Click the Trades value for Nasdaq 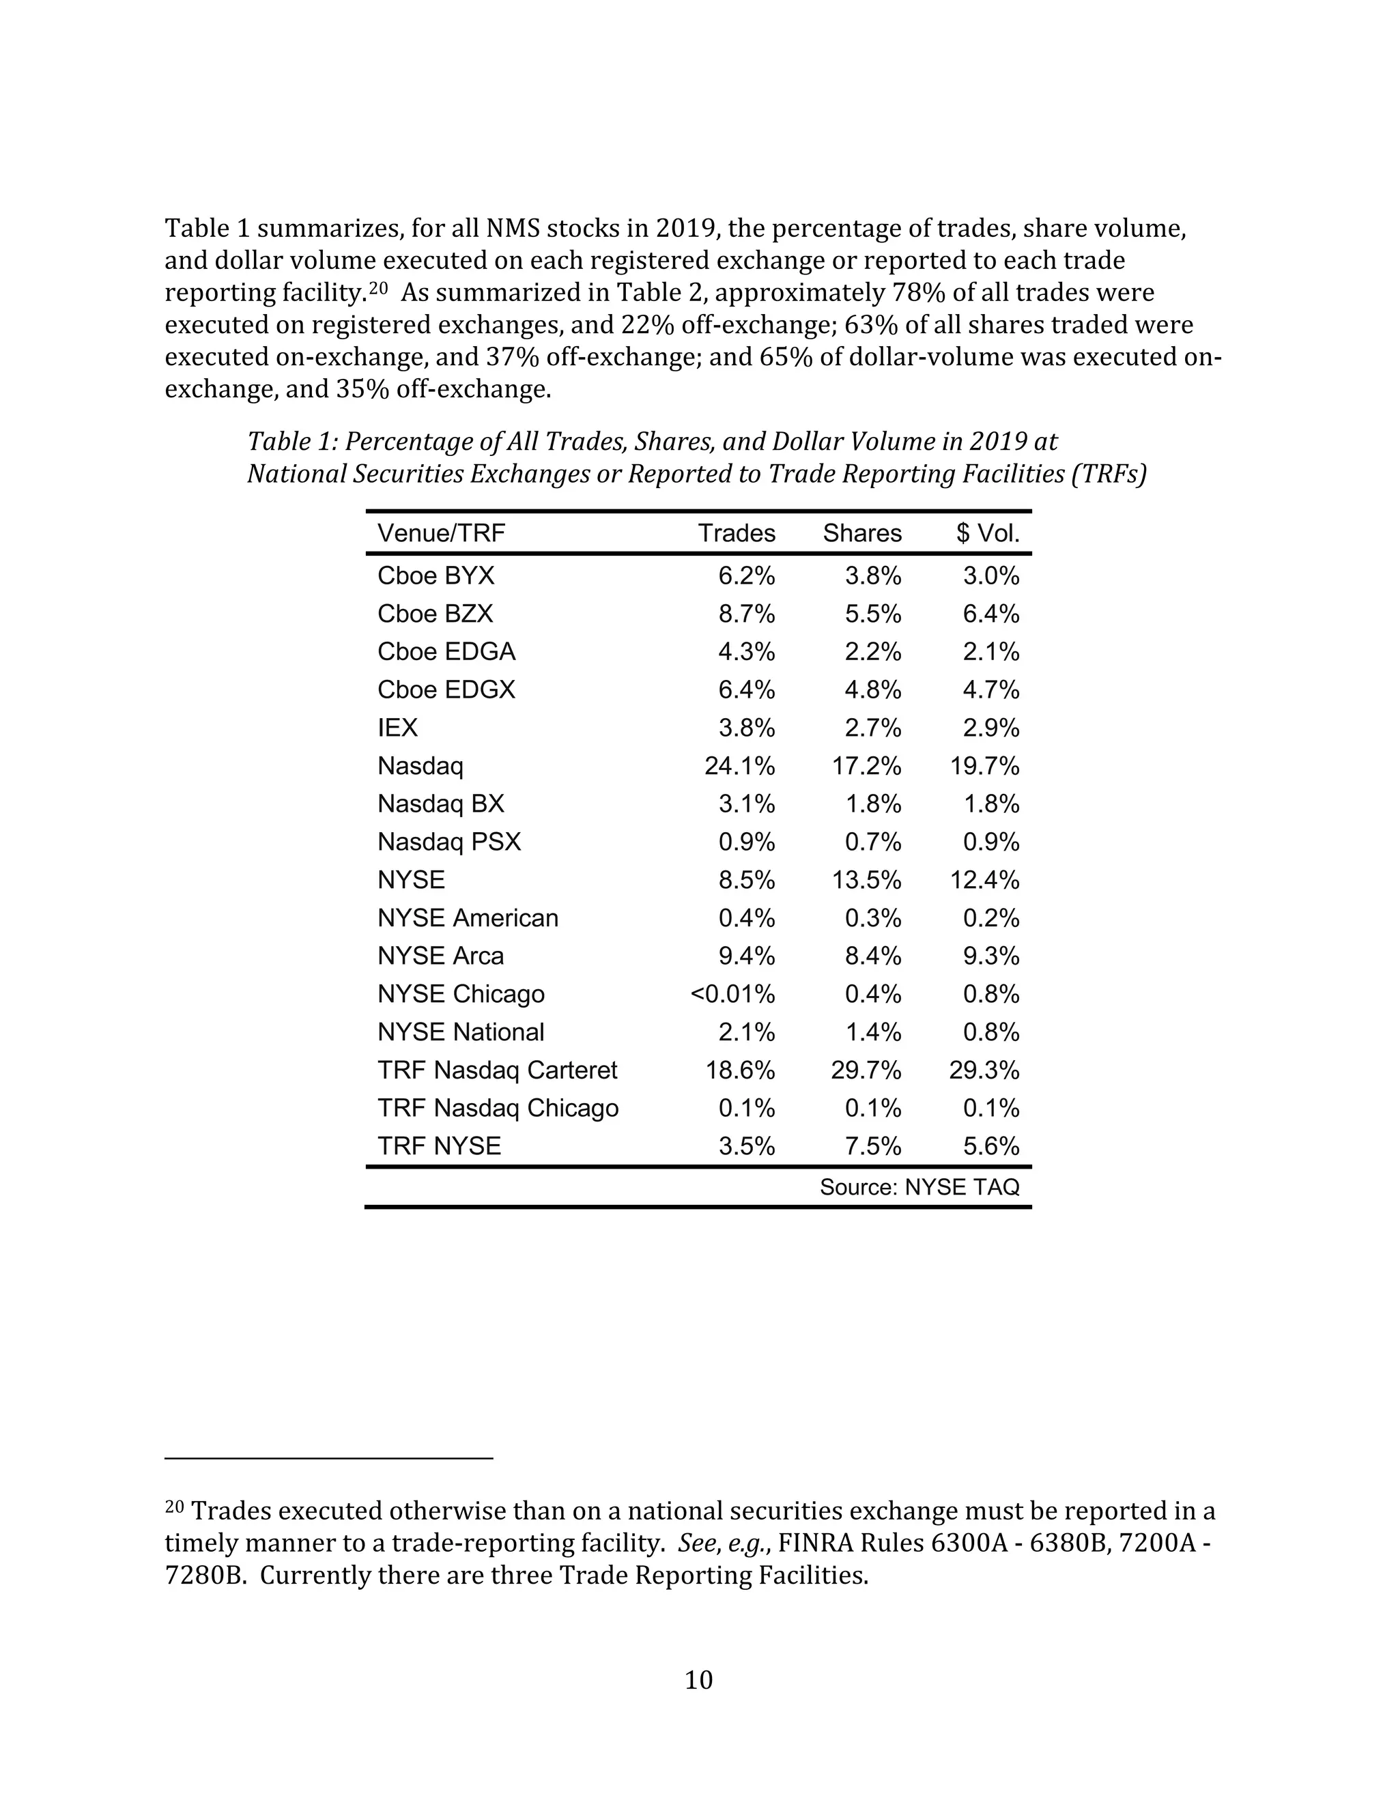click(x=739, y=766)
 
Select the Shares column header click(x=861, y=533)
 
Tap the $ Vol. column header click(x=987, y=533)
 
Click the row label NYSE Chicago click(x=461, y=994)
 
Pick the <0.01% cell click(x=732, y=994)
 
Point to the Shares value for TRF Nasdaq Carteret click(x=866, y=1070)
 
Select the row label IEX click(x=397, y=728)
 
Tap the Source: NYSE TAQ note click(x=919, y=1188)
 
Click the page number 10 click(x=698, y=1680)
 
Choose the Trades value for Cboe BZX click(x=746, y=614)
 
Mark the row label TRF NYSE click(x=439, y=1146)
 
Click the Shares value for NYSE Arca click(x=873, y=956)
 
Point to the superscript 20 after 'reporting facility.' click(x=378, y=288)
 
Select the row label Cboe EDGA click(x=446, y=652)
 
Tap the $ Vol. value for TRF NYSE click(x=990, y=1146)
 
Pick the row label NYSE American click(x=468, y=917)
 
